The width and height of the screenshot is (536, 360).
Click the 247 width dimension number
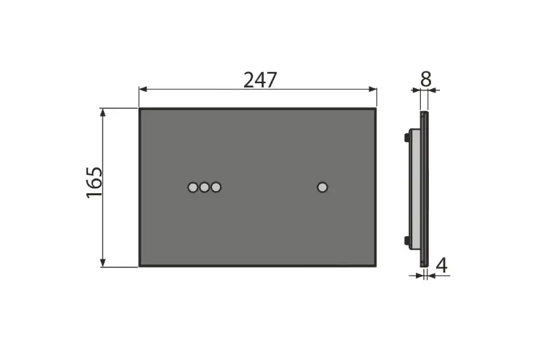pos(260,80)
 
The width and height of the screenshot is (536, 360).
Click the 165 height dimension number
pos(94,183)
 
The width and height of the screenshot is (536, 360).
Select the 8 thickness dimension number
pos(425,79)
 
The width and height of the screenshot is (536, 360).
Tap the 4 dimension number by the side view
pos(442,265)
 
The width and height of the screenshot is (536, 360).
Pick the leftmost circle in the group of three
pos(193,187)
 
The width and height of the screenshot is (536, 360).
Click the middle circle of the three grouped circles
pos(205,187)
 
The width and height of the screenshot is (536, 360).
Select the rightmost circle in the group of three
pos(216,187)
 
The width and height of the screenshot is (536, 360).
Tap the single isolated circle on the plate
pos(323,187)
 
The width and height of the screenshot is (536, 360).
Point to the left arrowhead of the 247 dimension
pos(143,90)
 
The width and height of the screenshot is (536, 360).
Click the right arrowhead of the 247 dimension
pos(373,90)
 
